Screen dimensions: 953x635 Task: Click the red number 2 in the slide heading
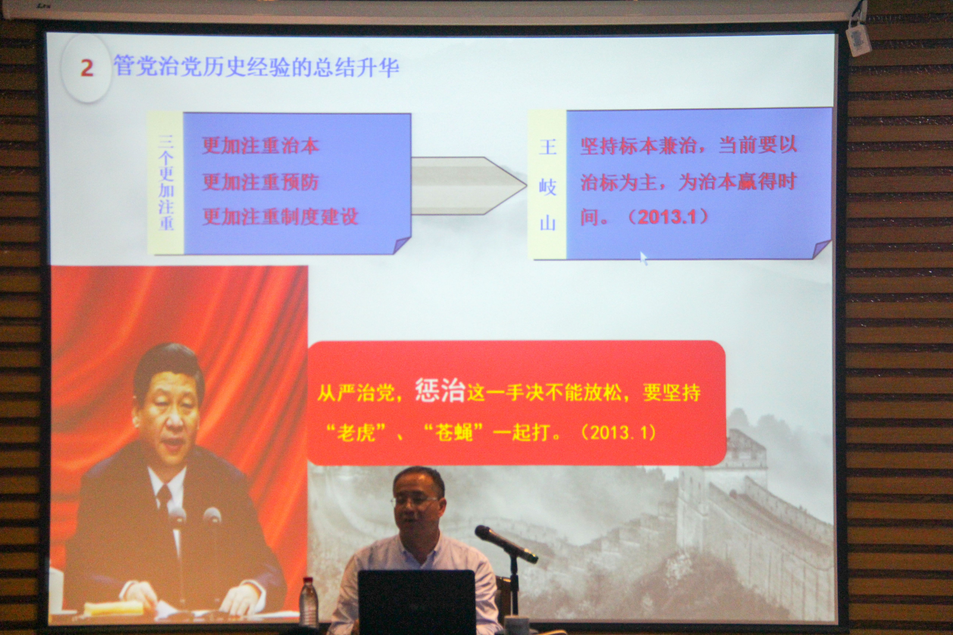click(87, 68)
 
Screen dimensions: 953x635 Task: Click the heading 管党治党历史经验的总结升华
click(256, 66)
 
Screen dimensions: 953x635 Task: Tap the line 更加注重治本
click(260, 146)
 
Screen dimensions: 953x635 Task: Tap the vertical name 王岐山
click(547, 185)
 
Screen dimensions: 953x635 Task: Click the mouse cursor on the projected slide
click(643, 258)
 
